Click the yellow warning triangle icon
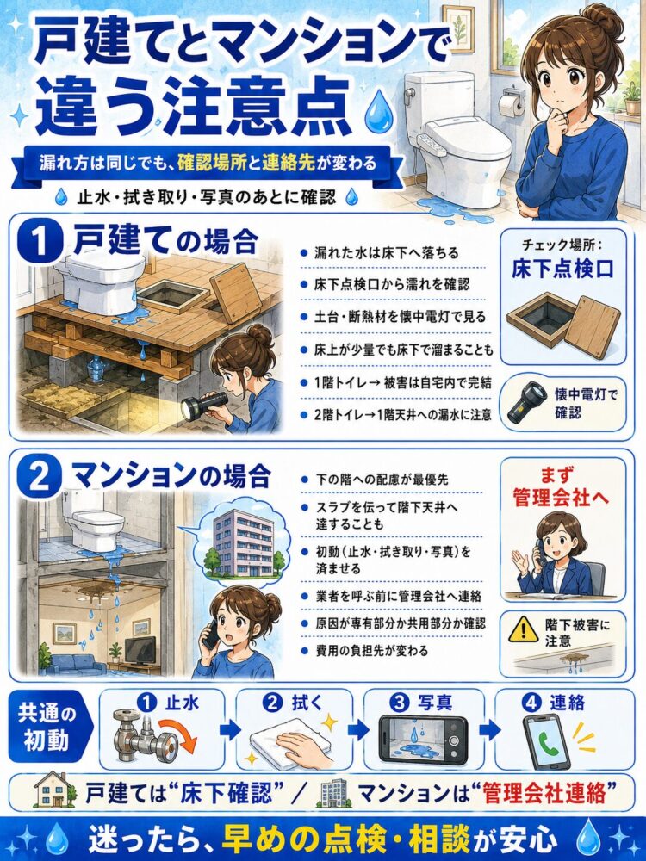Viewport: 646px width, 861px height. (523, 629)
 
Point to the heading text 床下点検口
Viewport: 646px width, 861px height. (562, 269)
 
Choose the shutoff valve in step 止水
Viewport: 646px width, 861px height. (144, 736)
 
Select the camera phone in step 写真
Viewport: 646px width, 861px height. (423, 738)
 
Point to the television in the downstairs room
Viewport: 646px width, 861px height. (140, 651)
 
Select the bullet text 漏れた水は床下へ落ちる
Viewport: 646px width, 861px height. (386, 253)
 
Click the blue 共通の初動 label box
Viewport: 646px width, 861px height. (47, 728)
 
